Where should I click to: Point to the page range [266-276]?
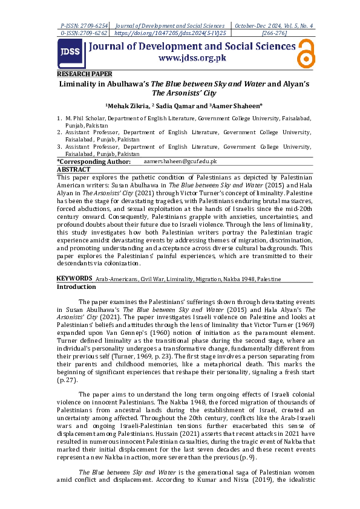[273, 34]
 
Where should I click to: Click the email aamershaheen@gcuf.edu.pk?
[180, 162]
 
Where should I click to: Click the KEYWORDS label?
[74, 278]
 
